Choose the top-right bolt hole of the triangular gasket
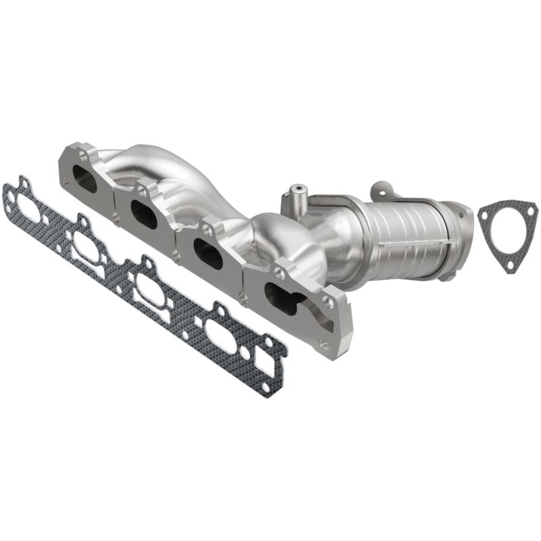[531, 211]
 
